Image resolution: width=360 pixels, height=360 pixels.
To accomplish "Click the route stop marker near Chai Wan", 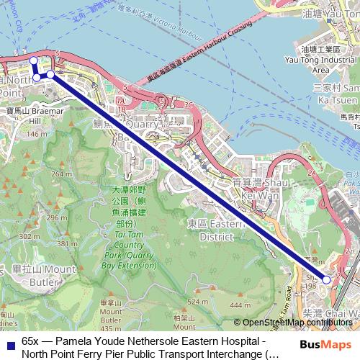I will click(x=326, y=279).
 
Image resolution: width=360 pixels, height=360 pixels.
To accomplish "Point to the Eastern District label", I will click(x=210, y=230).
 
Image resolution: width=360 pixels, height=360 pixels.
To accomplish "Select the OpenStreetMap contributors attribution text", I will click(x=296, y=323).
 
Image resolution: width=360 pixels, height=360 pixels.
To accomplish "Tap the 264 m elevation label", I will click(x=62, y=174).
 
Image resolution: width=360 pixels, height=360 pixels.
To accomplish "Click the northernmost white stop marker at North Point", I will click(x=33, y=60).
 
